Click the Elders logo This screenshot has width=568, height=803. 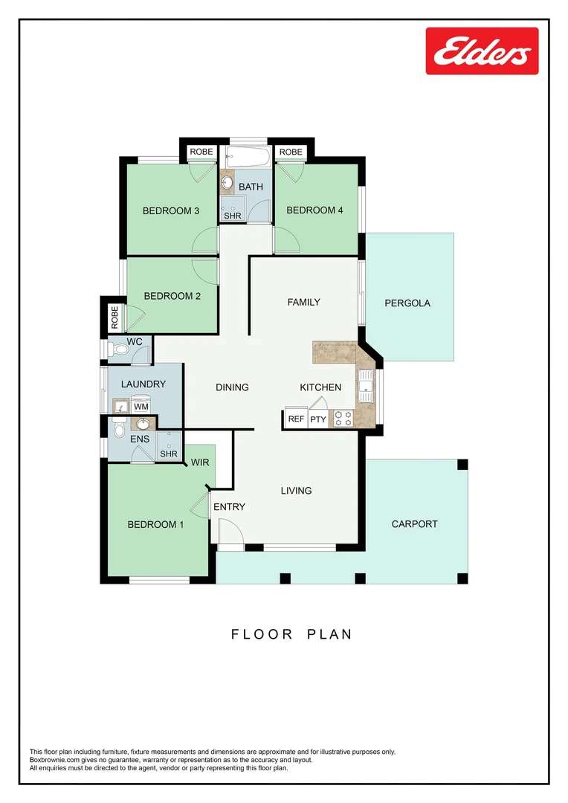(482, 51)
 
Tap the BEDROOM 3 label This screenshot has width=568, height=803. (171, 210)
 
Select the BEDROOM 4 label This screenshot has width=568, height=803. (314, 210)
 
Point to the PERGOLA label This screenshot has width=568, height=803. (407, 303)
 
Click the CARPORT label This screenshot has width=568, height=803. (414, 523)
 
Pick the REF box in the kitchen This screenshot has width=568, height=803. (296, 419)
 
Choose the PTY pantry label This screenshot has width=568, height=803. (318, 419)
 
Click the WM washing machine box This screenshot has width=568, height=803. (141, 406)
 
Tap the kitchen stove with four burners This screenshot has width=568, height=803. (343, 419)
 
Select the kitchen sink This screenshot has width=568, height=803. (365, 382)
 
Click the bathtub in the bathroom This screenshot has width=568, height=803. (248, 158)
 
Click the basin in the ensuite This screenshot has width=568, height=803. (143, 425)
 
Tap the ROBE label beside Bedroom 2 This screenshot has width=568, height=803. (114, 317)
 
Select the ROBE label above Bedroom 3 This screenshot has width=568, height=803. (201, 152)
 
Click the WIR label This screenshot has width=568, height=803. (200, 462)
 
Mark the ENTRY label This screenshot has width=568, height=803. (229, 507)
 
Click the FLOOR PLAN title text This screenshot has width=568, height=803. (291, 634)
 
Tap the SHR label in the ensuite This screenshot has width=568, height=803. (168, 454)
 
